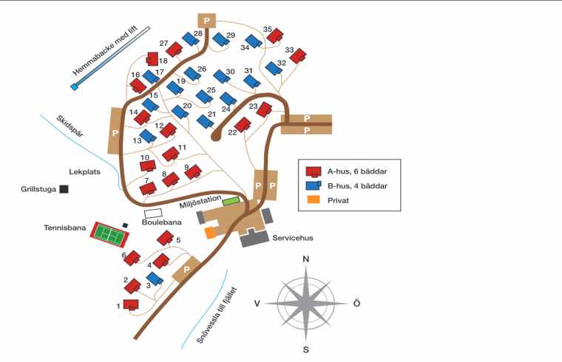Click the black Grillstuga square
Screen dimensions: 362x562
click(64, 189)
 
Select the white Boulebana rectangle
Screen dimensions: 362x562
click(153, 214)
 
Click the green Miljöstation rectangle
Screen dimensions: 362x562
click(231, 200)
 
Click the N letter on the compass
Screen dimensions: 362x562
click(305, 259)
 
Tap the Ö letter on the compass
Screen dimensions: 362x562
click(356, 304)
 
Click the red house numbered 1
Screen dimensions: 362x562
click(131, 304)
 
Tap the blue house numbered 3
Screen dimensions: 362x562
click(155, 278)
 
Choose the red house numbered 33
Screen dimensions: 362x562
click(298, 57)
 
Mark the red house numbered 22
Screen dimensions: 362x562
click(243, 125)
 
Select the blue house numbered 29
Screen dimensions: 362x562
click(220, 39)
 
